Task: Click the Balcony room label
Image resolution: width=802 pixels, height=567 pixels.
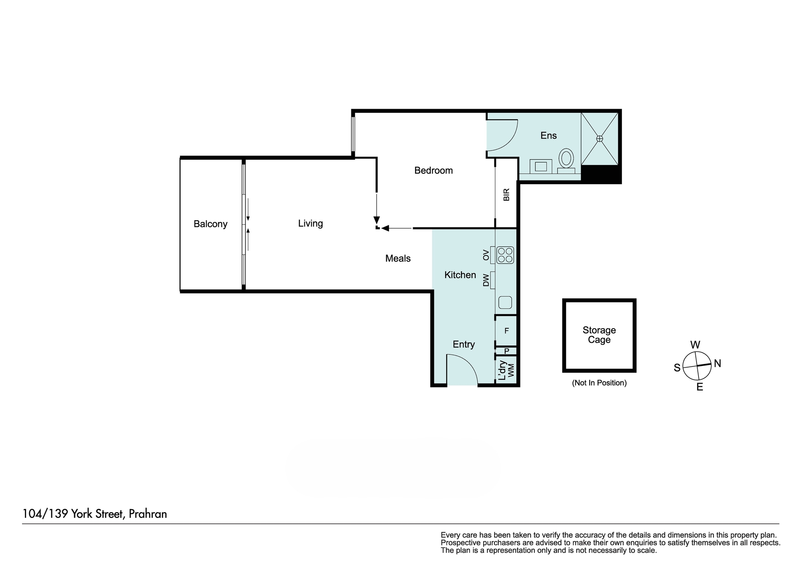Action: tap(211, 224)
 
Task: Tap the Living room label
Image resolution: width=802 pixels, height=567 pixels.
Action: tap(310, 224)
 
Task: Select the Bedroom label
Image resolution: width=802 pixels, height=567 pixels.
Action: tap(433, 171)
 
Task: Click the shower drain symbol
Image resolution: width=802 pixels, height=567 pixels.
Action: tap(599, 138)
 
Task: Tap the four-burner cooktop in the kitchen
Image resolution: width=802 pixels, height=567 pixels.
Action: tap(505, 255)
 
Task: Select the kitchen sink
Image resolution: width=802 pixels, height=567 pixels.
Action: tap(505, 302)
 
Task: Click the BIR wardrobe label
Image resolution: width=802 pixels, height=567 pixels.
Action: tap(506, 195)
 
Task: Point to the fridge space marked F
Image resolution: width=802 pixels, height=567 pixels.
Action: tap(506, 331)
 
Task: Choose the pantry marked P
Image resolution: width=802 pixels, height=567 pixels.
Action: tap(507, 351)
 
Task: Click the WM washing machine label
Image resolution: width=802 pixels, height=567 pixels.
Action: tap(511, 370)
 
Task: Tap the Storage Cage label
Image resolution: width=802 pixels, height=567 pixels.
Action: tap(599, 335)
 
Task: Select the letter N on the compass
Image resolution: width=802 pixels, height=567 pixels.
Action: tap(718, 364)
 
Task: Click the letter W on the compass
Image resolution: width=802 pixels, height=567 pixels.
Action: tap(695, 345)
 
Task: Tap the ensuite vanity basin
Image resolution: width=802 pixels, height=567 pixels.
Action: tap(541, 166)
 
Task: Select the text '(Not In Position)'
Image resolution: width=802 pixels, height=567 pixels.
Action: tap(599, 383)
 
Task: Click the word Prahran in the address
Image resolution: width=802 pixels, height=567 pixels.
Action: tap(148, 514)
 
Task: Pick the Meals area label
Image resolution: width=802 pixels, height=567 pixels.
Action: tap(398, 258)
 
